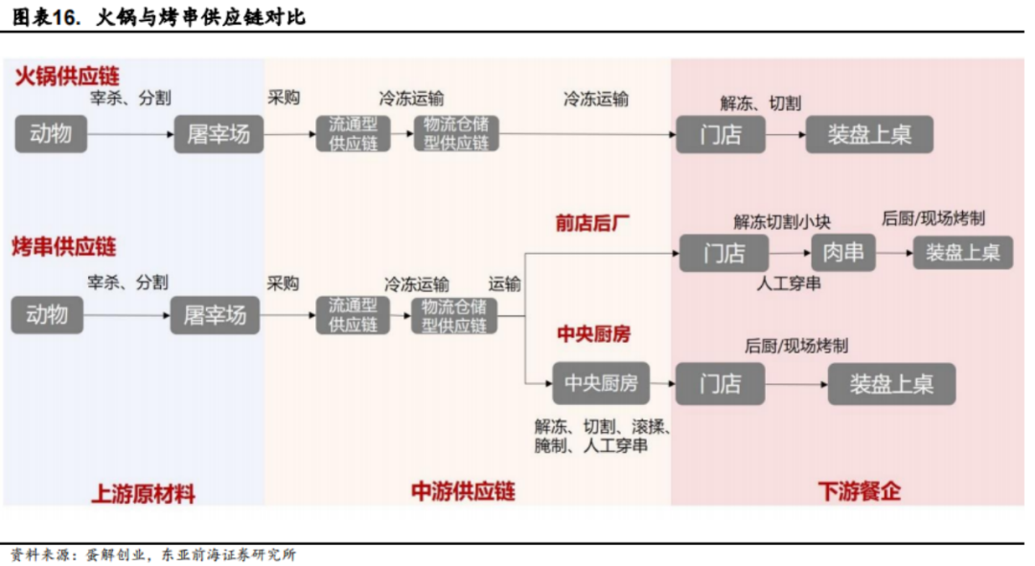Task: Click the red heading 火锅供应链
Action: point(67,76)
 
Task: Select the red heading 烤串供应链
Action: point(64,247)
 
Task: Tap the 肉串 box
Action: point(843,252)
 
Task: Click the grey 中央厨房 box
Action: point(601,383)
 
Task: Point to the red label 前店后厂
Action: point(592,223)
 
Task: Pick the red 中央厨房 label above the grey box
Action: point(593,334)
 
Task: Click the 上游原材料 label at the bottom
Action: point(143,493)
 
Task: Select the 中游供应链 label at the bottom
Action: point(463,490)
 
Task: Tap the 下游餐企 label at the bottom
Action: point(860,490)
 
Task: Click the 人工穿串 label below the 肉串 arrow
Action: point(789,283)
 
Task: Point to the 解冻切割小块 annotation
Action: point(782,221)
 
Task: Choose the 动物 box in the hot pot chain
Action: point(51,134)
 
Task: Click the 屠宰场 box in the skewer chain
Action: point(216,315)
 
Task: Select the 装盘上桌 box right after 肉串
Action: point(962,252)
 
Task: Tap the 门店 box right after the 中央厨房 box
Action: point(720,383)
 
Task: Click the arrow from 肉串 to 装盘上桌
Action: point(894,253)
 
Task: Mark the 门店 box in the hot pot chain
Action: point(720,135)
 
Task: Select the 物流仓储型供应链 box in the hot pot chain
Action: point(455,133)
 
